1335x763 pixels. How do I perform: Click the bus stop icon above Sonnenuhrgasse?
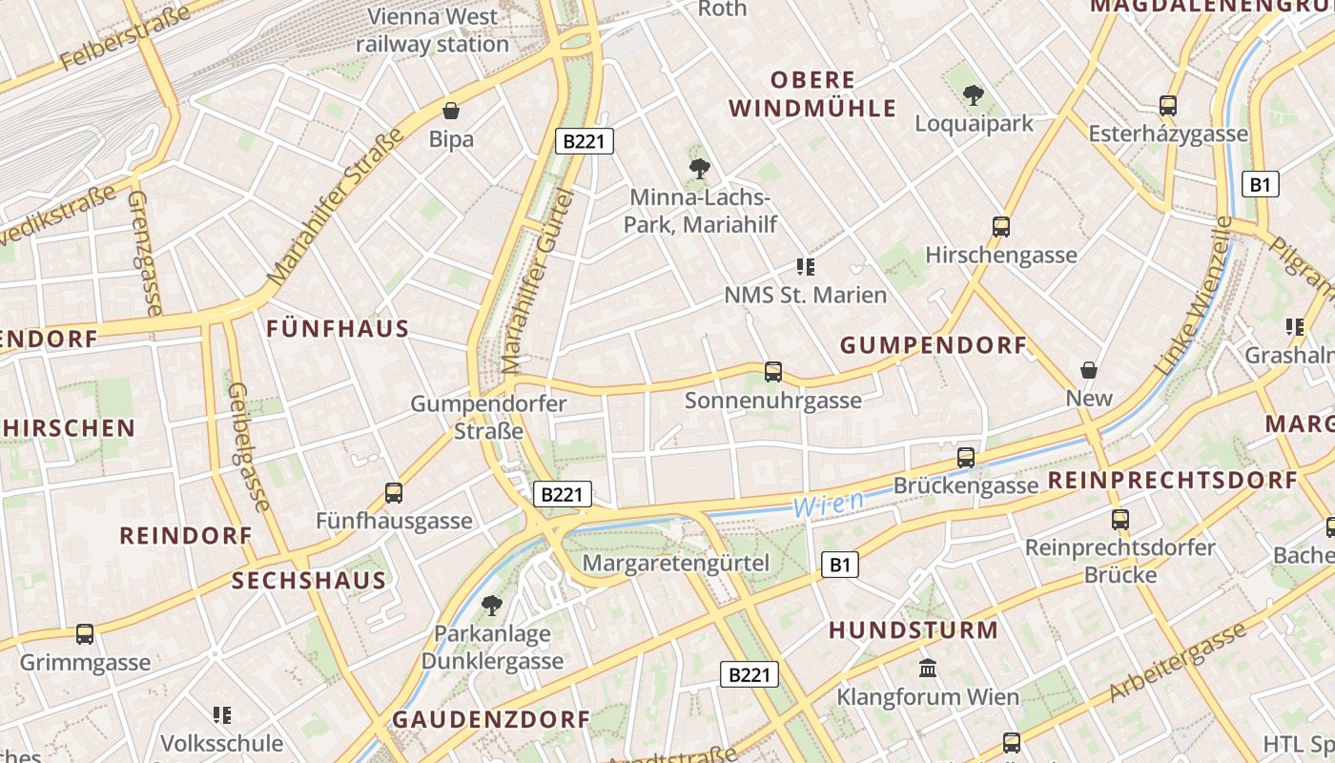tap(773, 372)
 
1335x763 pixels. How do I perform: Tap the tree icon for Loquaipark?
tap(973, 94)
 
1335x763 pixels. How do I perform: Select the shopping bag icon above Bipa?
tap(451, 111)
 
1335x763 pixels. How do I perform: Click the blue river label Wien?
tap(829, 503)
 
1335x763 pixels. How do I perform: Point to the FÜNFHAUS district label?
tap(338, 329)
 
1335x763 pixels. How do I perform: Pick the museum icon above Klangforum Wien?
tap(927, 668)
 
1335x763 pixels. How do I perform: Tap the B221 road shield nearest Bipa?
tap(584, 142)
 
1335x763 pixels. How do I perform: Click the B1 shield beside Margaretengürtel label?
tap(839, 565)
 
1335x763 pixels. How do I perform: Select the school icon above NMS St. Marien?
tap(806, 267)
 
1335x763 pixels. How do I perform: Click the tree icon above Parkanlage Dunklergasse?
tap(492, 605)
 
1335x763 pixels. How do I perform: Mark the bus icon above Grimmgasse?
tap(85, 633)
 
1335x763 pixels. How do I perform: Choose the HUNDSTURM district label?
tap(913, 630)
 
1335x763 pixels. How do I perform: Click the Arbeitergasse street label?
tap(1178, 664)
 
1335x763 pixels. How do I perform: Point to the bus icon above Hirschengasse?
tap(1001, 227)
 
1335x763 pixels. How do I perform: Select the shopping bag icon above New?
tap(1089, 369)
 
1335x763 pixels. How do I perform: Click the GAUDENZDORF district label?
tap(491, 719)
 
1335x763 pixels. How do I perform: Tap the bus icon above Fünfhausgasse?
tap(394, 493)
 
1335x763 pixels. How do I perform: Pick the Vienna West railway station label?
tap(433, 31)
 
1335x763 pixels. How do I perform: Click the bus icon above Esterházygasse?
tap(1168, 106)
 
